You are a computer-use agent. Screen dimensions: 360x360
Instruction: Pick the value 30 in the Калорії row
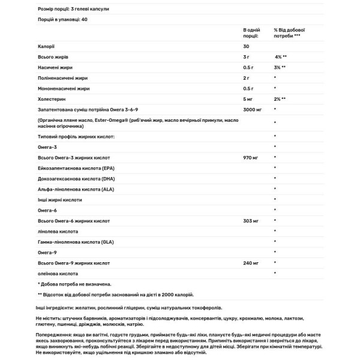click(247, 46)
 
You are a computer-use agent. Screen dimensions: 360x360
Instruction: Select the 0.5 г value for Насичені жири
click(249, 67)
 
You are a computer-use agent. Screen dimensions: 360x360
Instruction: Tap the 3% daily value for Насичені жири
click(279, 67)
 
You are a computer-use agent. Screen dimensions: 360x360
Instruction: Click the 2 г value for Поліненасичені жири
click(247, 77)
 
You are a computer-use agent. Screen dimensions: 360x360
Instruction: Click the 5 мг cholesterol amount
click(248, 98)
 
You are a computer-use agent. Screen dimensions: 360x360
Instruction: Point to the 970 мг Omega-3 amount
click(251, 157)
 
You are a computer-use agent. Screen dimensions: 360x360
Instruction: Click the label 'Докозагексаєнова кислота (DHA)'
click(70, 178)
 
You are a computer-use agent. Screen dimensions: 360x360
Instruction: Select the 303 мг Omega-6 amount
click(251, 220)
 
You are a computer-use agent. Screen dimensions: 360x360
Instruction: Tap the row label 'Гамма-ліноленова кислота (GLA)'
click(70, 241)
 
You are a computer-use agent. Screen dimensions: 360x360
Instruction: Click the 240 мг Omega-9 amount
click(251, 262)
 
